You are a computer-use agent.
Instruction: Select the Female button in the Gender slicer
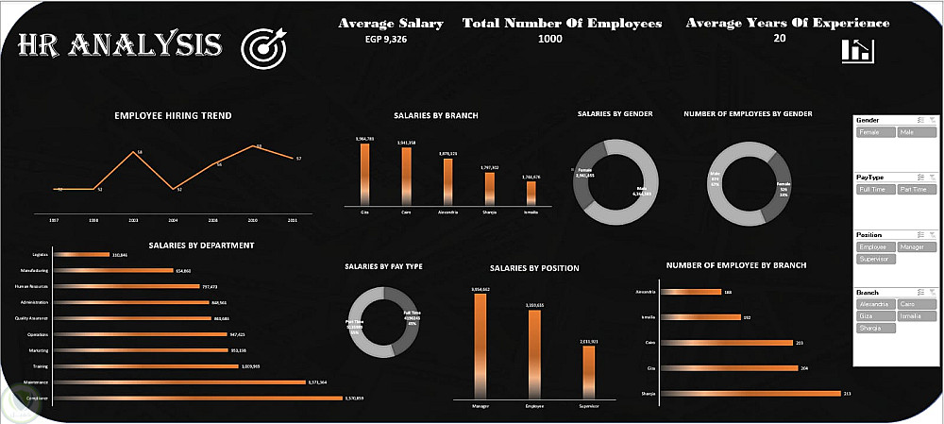tap(875, 133)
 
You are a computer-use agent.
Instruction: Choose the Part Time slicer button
tap(917, 190)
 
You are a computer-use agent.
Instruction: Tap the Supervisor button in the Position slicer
tap(875, 258)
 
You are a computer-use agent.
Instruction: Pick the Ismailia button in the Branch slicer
tap(917, 315)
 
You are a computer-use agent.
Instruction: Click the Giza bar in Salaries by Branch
tap(364, 175)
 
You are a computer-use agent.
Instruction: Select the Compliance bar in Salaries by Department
tap(198, 399)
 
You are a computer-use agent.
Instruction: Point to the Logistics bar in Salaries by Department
tap(83, 255)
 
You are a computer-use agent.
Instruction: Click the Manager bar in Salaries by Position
tap(480, 348)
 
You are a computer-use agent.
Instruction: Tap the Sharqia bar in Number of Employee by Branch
tap(750, 393)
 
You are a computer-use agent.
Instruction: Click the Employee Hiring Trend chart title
tap(173, 116)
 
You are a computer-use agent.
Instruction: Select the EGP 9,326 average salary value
tap(391, 40)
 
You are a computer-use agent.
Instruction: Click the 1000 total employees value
tap(549, 40)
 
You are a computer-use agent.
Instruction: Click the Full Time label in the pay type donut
tap(413, 314)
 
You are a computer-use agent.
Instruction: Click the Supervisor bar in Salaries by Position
tap(588, 373)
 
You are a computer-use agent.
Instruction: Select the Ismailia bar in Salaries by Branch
tap(531, 192)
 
